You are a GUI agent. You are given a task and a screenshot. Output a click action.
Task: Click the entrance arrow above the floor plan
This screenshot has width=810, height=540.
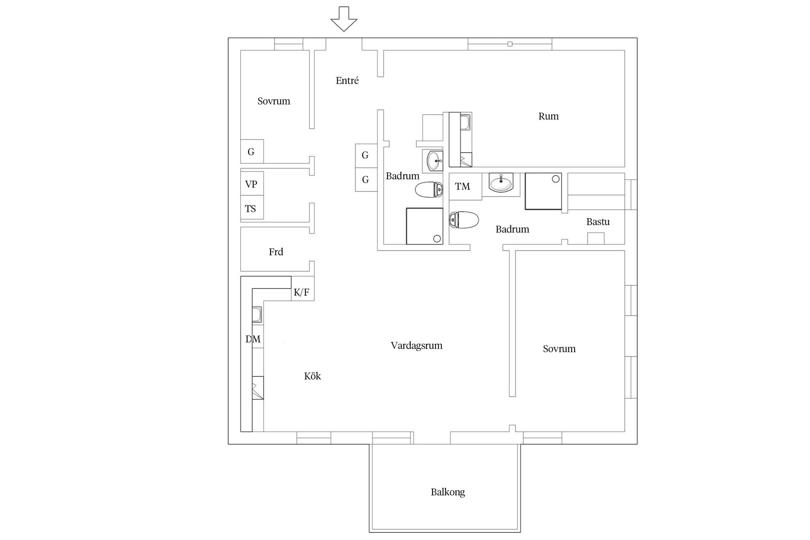[344, 19]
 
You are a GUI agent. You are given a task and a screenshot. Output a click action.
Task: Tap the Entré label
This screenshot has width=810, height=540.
[347, 81]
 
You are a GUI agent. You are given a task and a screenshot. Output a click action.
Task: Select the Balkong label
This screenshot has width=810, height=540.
[448, 492]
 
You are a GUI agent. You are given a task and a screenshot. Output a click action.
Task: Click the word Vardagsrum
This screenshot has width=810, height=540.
[416, 346]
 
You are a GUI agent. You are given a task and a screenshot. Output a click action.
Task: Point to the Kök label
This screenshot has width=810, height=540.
[312, 376]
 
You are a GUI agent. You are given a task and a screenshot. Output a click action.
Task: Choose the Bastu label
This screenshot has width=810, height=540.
[598, 221]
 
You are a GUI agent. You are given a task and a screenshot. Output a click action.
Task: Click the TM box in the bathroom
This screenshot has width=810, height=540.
[463, 186]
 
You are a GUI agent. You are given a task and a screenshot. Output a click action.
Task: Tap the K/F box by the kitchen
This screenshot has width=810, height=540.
[302, 292]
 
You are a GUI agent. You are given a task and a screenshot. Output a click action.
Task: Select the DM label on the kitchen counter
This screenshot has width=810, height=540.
[253, 339]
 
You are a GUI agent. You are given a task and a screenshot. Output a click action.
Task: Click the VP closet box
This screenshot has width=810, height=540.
[251, 184]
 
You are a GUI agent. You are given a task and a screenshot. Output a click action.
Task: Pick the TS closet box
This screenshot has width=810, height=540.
[251, 208]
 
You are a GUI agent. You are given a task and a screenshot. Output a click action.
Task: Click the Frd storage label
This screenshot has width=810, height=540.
[276, 252]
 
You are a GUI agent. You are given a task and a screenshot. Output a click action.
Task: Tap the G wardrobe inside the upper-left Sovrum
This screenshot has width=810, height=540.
[251, 151]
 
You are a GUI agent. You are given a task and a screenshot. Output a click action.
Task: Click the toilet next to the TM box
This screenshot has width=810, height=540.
[464, 220]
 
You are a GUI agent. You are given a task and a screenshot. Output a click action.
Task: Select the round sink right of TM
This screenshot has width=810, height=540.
[501, 184]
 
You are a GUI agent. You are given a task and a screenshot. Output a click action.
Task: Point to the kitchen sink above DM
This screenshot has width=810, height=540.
[256, 315]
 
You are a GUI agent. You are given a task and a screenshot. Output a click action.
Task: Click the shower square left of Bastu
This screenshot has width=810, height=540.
[543, 191]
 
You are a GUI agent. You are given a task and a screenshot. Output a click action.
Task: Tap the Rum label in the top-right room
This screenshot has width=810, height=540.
[548, 116]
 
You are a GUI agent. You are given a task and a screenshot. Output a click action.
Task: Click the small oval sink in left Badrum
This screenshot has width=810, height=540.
[435, 161]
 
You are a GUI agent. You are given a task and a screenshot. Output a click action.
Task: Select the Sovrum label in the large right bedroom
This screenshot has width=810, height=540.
[559, 349]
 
